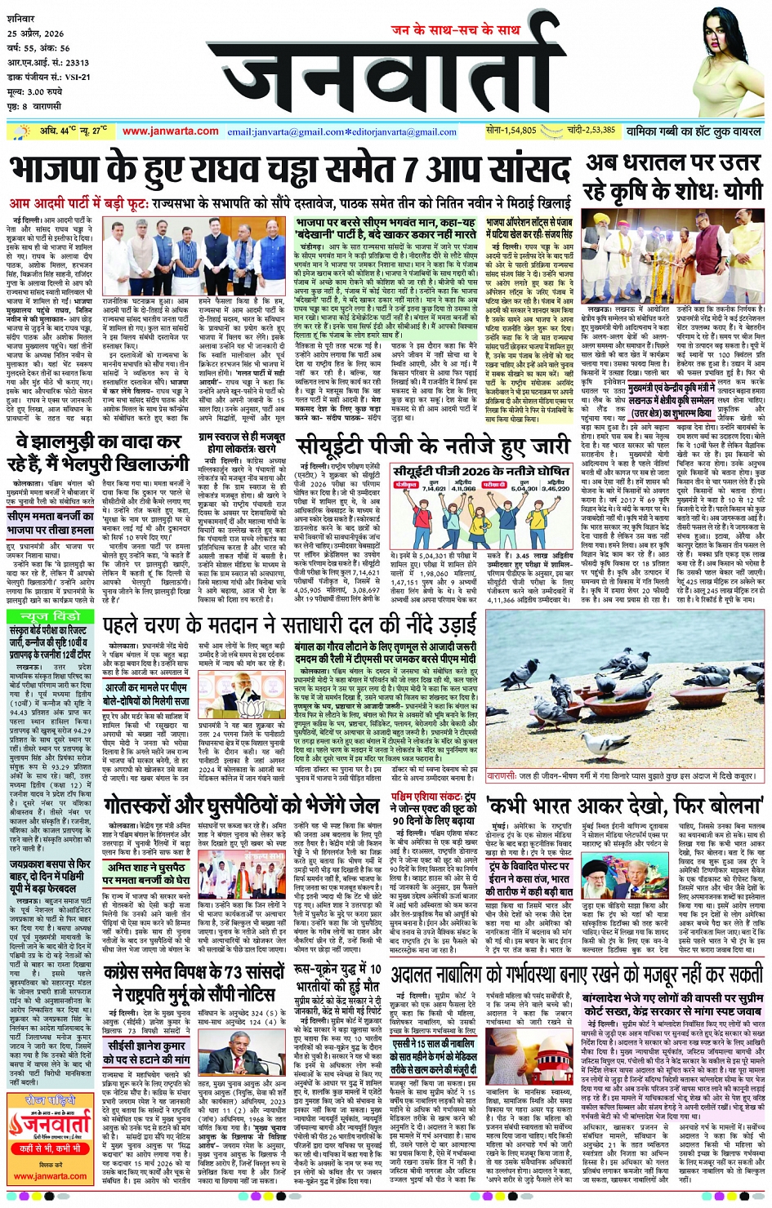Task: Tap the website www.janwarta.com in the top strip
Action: pos(171,131)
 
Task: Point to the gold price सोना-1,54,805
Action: pos(511,130)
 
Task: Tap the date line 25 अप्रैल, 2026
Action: pos(36,34)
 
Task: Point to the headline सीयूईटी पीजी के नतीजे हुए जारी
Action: pos(433,446)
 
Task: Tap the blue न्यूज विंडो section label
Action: pos(50,615)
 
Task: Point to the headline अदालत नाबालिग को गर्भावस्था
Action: pos(576,975)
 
